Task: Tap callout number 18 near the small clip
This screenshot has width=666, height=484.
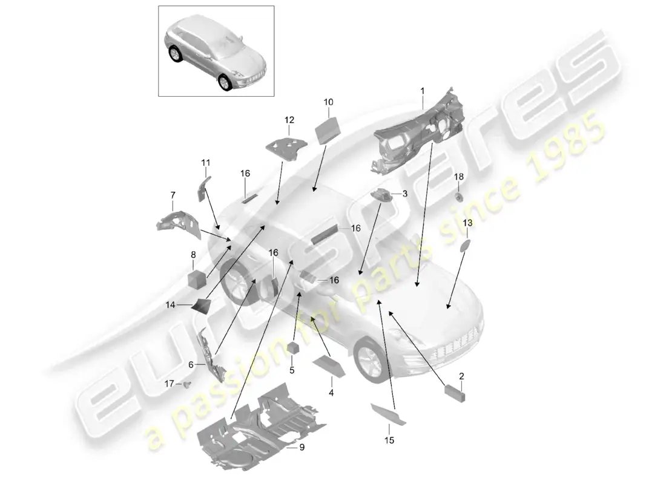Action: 459,176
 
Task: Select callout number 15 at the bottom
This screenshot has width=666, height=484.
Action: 389,441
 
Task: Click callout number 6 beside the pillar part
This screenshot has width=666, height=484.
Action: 191,365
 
